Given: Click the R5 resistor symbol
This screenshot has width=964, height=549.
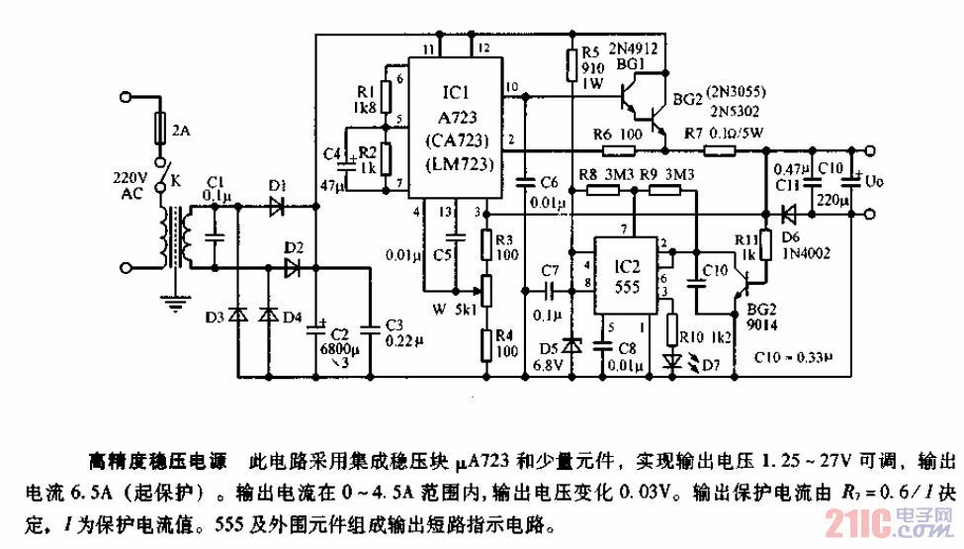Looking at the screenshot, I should point(570,63).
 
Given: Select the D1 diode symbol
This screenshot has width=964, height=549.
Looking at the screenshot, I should point(277,207).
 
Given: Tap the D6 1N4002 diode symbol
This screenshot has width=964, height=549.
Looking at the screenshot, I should point(788,213).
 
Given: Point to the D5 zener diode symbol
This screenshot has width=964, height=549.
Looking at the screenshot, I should point(570,347).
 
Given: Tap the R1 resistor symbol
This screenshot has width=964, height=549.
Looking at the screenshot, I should point(388,96).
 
